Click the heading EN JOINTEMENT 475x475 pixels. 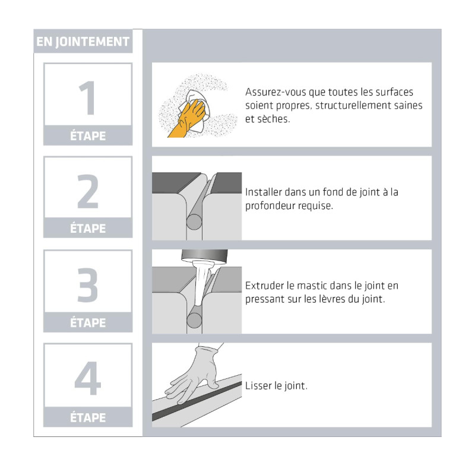(x=83, y=42)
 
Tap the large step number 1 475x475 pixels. (x=87, y=97)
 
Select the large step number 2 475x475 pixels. (x=88, y=191)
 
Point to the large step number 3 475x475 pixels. (x=87, y=285)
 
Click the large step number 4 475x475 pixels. (x=87, y=378)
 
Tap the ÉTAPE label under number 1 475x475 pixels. (x=88, y=136)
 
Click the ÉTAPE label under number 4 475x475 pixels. (x=88, y=417)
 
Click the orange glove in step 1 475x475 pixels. (x=187, y=119)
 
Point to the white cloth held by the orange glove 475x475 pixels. (x=195, y=110)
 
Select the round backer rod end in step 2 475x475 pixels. (x=194, y=222)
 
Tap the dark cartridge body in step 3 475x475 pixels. (x=204, y=256)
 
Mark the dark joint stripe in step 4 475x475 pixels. (x=197, y=401)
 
